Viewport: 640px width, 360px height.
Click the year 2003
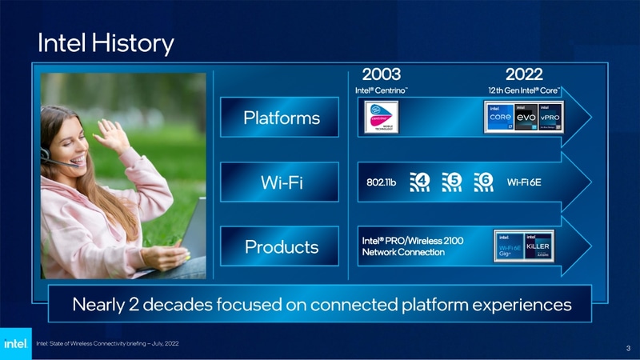382,74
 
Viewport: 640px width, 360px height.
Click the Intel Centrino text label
382,90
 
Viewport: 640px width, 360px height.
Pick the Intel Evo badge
526,119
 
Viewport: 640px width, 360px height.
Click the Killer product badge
538,247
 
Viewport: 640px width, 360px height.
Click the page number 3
627,348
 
